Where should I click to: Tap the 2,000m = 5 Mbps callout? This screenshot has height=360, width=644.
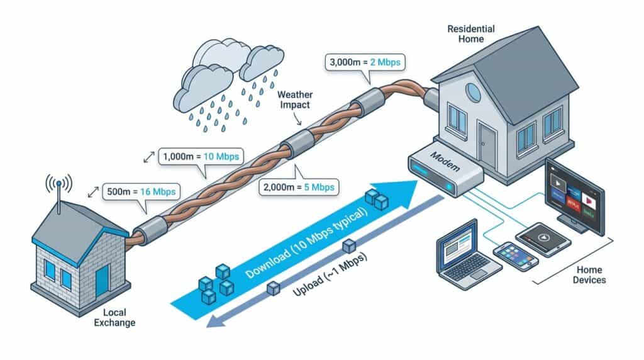coord(298,186)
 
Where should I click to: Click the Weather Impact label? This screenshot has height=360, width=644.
coord(294,99)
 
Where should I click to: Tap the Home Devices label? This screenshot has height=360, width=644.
coord(589,275)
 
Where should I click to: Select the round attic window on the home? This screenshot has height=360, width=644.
coord(472,93)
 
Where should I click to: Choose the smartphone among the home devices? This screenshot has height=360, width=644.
coord(516,256)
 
